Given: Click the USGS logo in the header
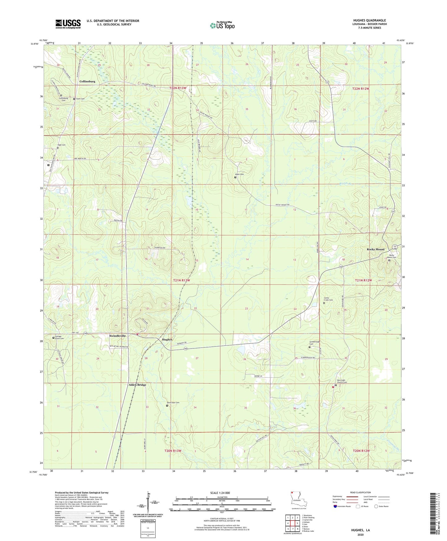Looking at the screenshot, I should pos(68,24).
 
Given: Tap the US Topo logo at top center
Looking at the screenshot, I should pos(222,25).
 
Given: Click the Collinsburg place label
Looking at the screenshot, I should pos(87,81).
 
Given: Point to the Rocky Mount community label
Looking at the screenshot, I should pos(376,249).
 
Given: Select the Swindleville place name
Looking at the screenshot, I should pos(118,336).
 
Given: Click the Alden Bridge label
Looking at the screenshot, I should pos(137,385).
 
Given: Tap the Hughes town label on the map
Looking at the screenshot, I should pos(167,339).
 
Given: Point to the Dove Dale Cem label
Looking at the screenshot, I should pos(173,402).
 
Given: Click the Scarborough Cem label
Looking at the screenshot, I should pos(314,343).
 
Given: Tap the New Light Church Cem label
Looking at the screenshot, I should pos(342,381).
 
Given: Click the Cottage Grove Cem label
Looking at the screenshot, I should pos(59,338).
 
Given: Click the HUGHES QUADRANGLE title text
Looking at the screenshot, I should pos(369,20).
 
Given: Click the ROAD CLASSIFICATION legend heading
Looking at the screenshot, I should pos(360,492).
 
